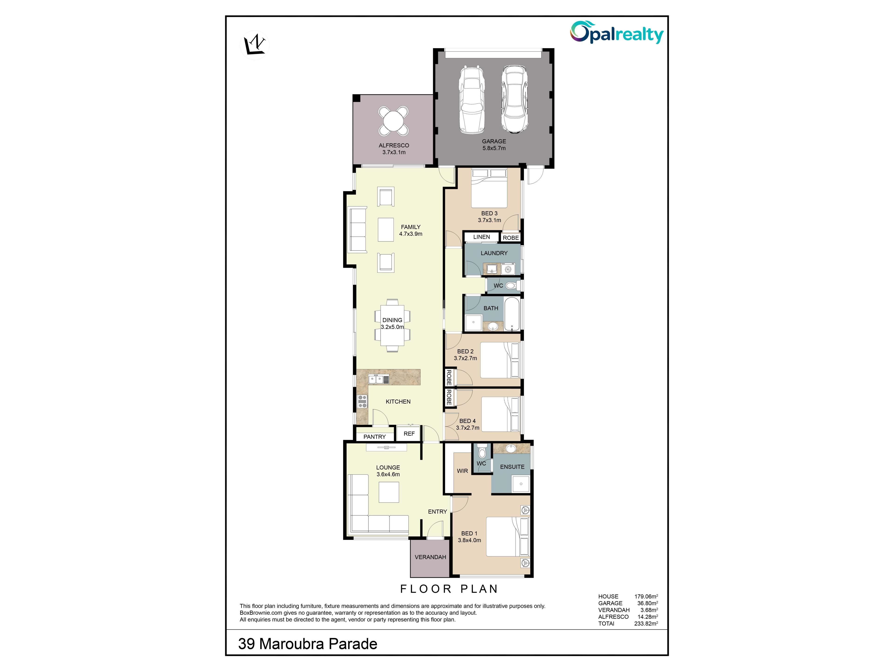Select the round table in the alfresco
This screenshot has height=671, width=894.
tap(393, 120)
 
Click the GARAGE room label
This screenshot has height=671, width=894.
tap(494, 141)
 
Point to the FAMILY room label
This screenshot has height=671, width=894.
tap(411, 227)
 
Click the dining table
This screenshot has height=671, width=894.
tap(392, 325)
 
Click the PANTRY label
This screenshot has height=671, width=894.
tap(374, 437)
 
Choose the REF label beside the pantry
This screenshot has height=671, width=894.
tap(409, 434)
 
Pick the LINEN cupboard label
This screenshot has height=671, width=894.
tap(481, 237)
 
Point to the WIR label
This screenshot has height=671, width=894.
tap(462, 471)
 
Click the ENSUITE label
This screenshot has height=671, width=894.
tap(512, 467)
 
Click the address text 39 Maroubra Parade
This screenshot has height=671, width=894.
tap(308, 644)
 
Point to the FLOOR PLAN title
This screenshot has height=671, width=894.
tap(449, 589)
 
